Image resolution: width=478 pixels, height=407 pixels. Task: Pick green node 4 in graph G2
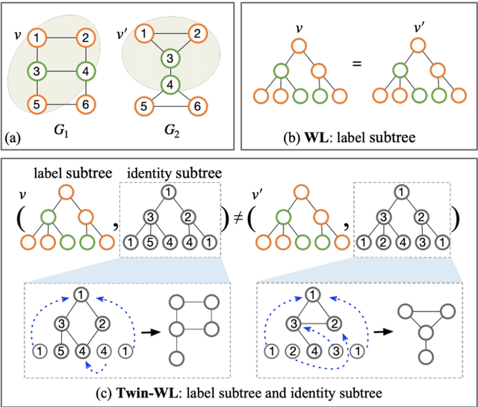tap(171, 84)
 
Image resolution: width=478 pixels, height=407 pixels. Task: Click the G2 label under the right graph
tap(173, 131)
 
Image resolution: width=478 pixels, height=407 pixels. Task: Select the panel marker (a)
tap(13, 137)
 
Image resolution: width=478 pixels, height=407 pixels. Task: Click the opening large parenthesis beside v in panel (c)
tap(16, 220)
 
